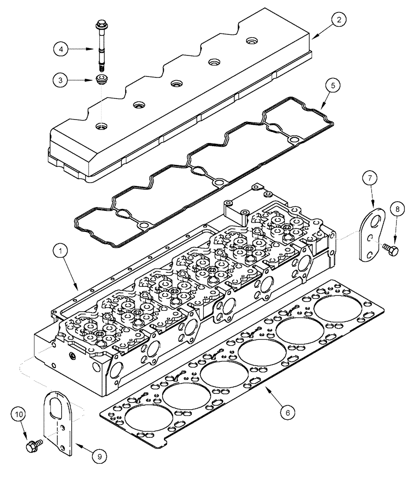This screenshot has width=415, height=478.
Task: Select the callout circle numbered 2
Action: click(339, 20)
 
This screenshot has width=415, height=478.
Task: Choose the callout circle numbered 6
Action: click(284, 412)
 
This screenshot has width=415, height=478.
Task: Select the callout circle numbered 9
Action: click(99, 457)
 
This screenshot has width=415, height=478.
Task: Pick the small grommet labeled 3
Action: click(101, 79)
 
